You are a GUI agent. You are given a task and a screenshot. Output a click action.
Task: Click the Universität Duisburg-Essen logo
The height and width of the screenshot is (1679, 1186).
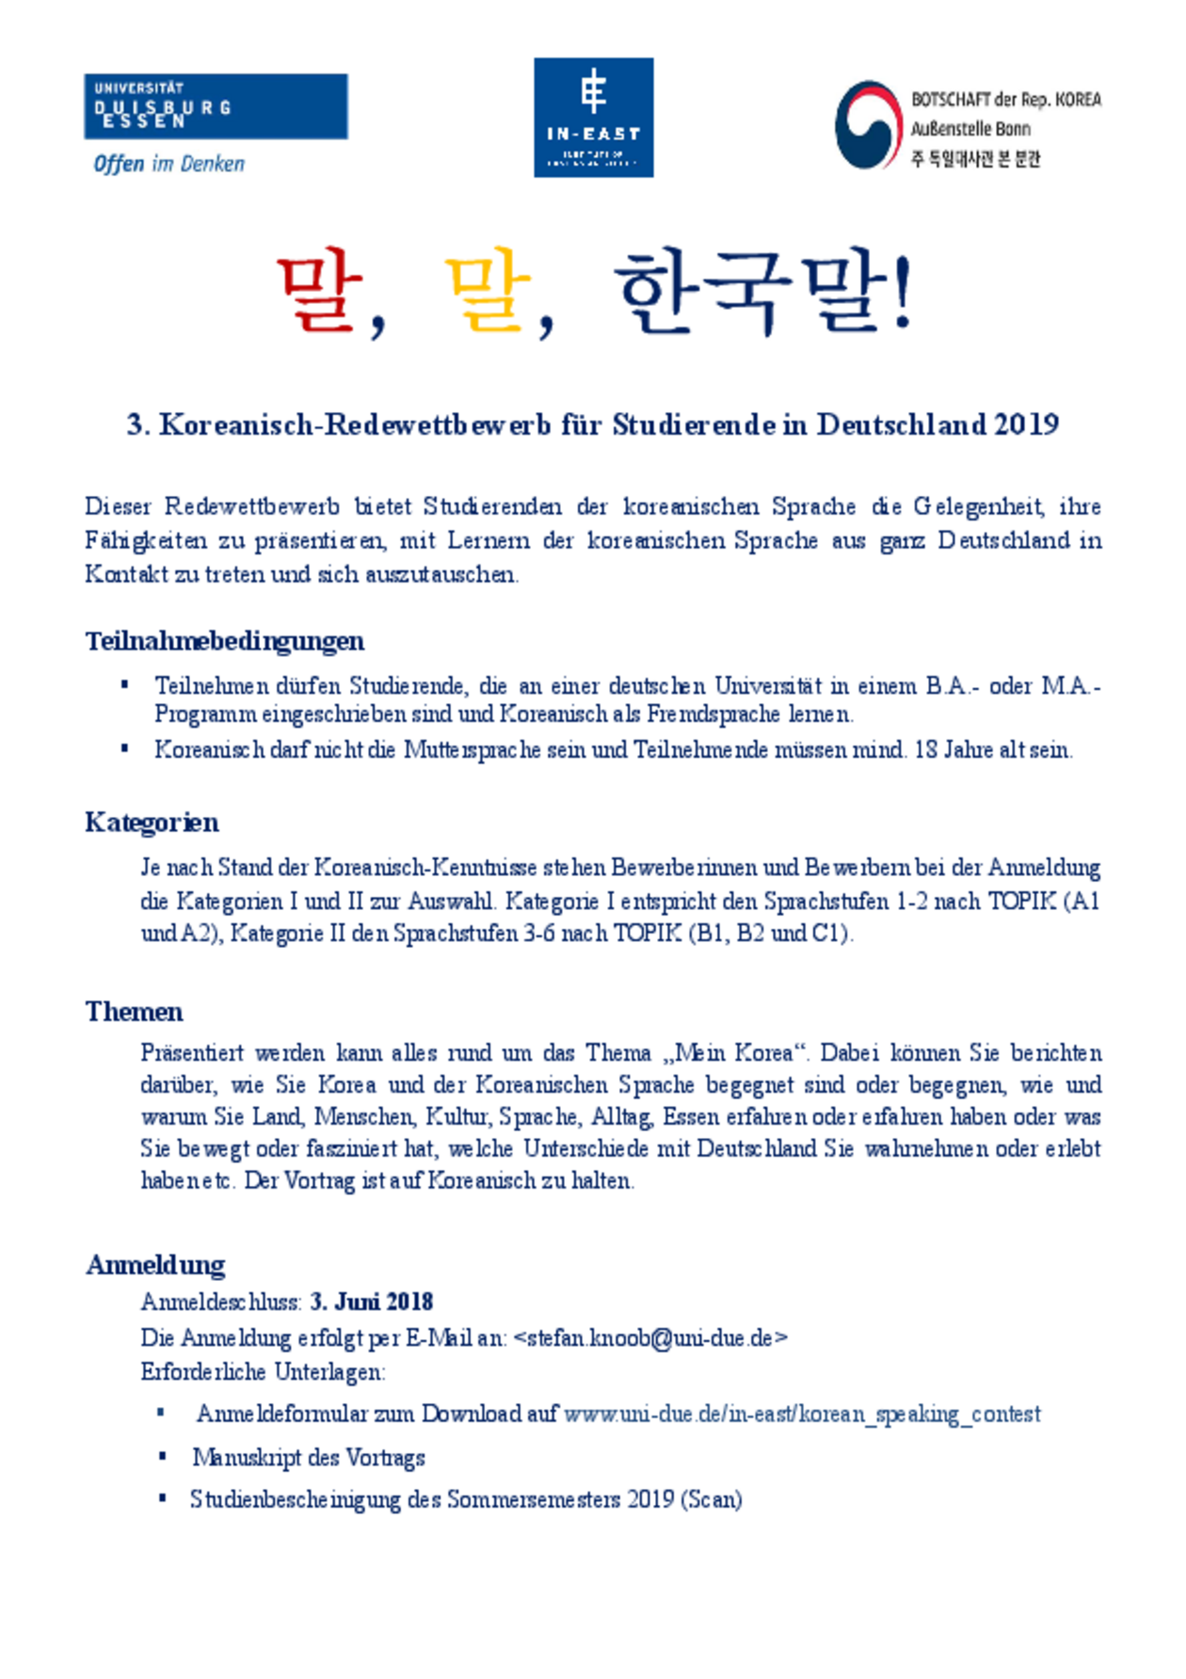coord(216,106)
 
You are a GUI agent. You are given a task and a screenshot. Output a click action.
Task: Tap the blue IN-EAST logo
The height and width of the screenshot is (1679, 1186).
coord(593,118)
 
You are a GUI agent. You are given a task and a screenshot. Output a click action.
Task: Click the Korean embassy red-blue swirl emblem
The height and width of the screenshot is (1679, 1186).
coord(868,125)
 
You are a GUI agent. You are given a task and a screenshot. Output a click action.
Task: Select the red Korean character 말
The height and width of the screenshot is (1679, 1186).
coord(320,294)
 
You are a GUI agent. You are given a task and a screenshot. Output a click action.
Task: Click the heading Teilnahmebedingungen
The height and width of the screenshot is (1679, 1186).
coord(224,641)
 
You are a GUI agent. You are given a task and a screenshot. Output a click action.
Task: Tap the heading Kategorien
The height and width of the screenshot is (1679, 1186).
coord(152,823)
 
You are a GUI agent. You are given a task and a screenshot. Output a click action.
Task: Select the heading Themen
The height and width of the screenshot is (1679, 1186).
coord(134,1012)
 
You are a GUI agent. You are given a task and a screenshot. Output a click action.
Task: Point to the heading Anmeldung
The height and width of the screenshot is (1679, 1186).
coord(155,1265)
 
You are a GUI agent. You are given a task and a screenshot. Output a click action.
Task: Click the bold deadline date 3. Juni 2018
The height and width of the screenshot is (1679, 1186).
coord(372,1302)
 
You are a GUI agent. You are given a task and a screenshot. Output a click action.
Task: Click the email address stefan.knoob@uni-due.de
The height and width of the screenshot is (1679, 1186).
coord(650,1337)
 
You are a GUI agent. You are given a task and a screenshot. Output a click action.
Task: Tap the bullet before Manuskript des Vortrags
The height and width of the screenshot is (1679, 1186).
coord(163,1457)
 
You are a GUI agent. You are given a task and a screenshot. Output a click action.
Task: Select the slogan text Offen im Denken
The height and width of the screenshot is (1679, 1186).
coord(169,164)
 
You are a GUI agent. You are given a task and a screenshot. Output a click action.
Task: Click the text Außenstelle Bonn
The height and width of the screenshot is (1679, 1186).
coord(970,129)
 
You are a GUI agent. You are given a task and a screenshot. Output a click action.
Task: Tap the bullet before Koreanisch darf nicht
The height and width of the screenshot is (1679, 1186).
coord(125,749)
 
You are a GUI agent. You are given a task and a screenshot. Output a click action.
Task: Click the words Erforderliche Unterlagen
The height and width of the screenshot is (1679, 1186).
coord(262,1372)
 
